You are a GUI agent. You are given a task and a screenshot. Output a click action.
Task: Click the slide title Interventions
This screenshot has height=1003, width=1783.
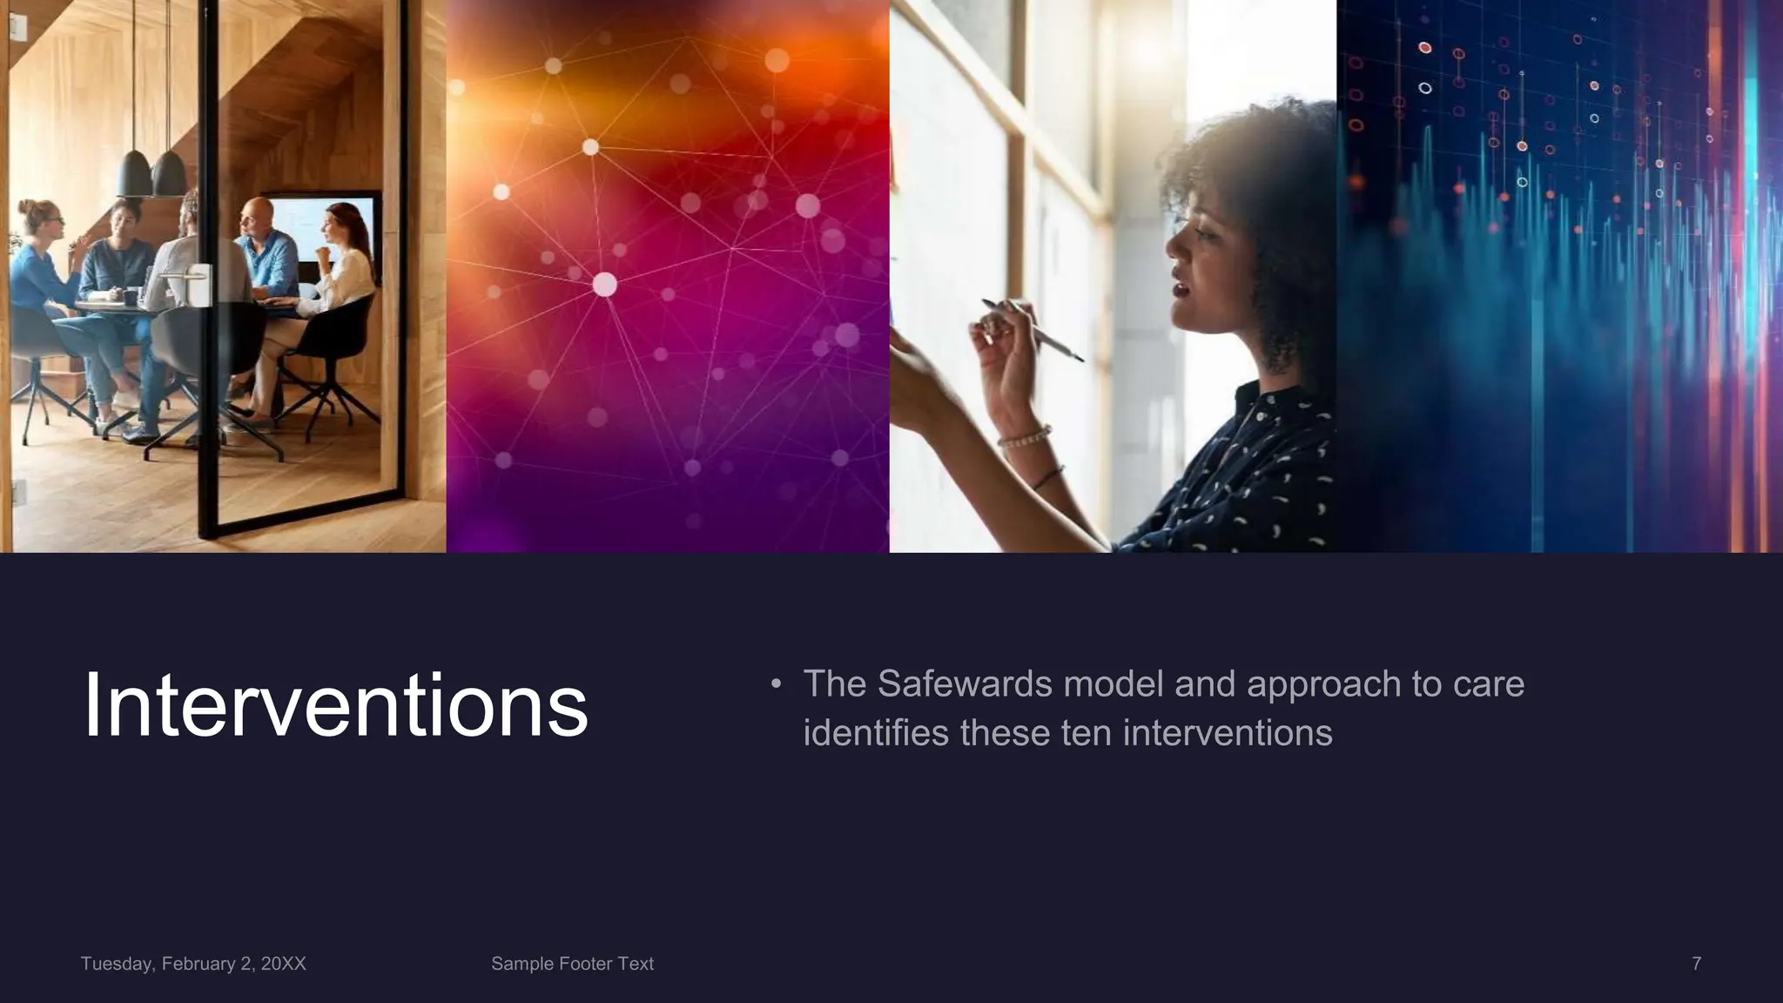tap(335, 705)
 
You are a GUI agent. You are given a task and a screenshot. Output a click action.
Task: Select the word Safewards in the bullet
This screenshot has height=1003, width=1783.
tap(965, 684)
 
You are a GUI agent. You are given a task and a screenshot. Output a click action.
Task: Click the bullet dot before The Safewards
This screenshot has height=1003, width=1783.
tap(776, 683)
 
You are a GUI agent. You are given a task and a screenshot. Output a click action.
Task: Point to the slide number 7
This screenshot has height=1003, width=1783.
tap(1696, 964)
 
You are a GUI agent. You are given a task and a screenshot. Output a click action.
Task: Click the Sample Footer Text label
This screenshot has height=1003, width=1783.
tap(572, 964)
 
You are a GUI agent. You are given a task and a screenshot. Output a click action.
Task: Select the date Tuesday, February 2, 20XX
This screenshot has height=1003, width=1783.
tap(193, 964)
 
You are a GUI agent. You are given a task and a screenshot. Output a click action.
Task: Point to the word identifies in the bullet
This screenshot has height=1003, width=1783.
tap(876, 733)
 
